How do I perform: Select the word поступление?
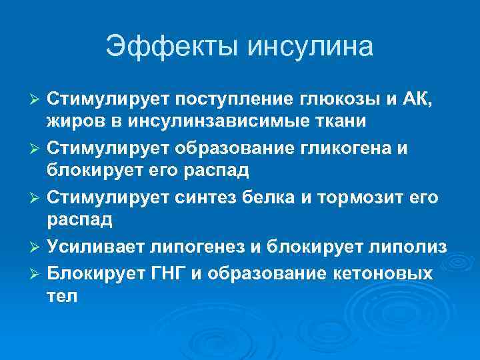coord(237,100)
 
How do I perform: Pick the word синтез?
coord(203,197)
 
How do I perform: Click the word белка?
coord(270,197)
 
